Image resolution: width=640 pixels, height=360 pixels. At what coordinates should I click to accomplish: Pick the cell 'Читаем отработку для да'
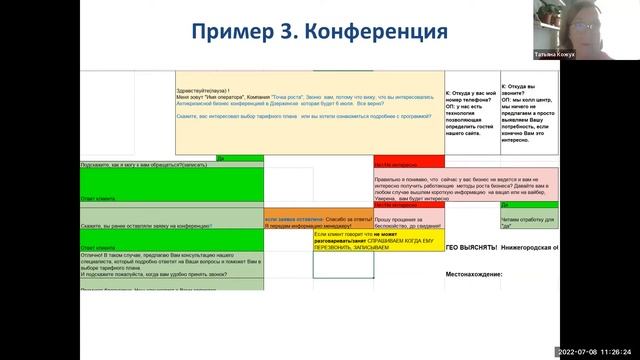528,221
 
